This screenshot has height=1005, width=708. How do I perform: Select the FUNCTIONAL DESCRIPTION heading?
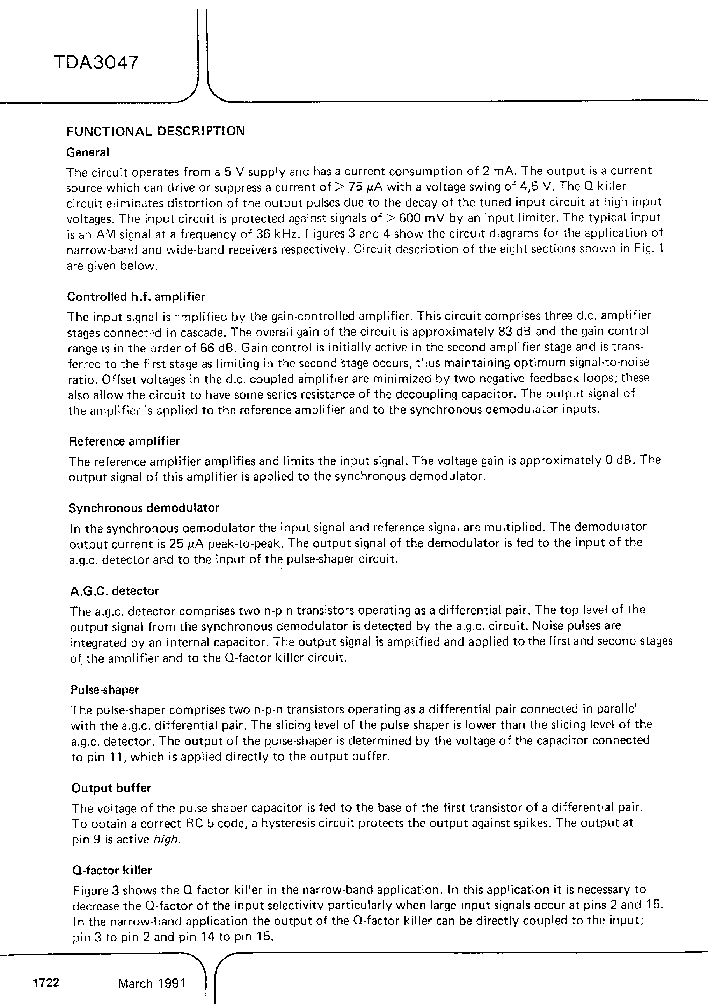(155, 131)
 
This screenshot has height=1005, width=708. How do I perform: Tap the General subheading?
(87, 153)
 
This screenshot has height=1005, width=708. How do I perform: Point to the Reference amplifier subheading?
(124, 441)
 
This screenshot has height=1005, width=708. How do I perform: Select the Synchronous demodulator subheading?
(144, 508)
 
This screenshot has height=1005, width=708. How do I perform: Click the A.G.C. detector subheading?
(114, 591)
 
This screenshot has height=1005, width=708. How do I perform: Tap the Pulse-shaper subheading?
(105, 690)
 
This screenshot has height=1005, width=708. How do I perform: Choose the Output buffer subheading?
(111, 788)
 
